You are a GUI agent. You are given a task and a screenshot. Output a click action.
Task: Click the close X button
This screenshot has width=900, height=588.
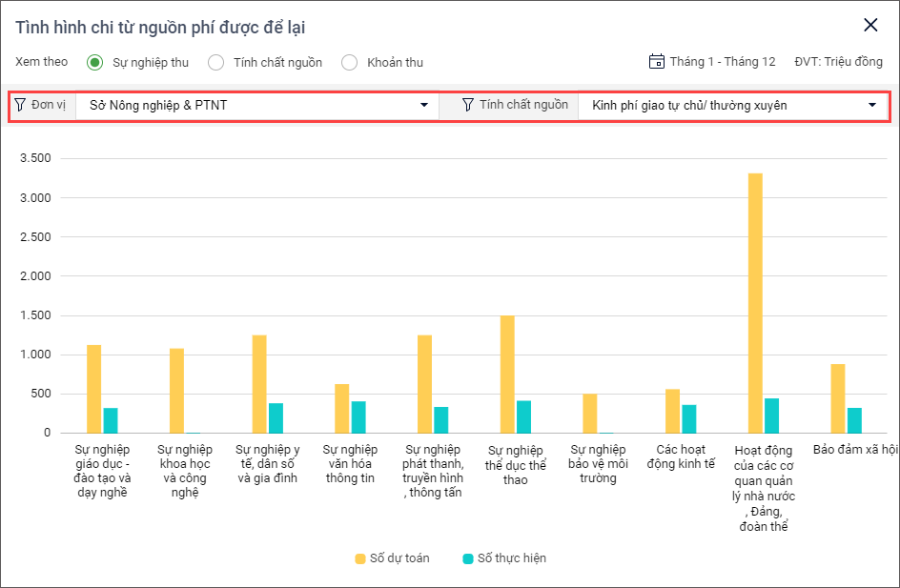click(870, 26)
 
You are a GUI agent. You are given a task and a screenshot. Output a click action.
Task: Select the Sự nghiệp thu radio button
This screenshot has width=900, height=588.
click(94, 63)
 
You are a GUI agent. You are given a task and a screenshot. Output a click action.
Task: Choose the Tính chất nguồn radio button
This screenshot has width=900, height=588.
click(215, 63)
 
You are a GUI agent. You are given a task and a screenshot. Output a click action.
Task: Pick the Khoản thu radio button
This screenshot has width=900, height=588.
click(349, 63)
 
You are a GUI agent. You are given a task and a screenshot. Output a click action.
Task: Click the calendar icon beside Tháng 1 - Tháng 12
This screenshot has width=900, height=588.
click(656, 62)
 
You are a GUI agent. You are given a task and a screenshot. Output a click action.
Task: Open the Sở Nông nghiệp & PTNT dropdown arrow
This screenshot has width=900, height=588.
click(424, 105)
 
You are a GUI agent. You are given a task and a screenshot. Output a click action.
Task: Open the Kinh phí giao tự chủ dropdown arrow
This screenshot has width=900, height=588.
click(871, 105)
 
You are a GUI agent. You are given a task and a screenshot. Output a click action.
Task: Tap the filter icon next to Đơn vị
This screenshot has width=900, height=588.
click(20, 105)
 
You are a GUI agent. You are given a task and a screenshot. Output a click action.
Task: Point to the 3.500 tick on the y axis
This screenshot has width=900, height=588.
click(34, 158)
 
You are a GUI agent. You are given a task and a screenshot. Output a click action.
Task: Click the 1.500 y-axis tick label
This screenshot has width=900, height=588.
click(34, 315)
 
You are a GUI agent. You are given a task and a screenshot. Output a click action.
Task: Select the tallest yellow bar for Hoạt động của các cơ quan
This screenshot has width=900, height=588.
click(755, 303)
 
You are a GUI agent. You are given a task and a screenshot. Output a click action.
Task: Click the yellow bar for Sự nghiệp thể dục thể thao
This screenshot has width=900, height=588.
click(507, 375)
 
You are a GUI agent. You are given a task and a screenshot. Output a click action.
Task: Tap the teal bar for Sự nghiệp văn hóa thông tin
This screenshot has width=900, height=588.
click(358, 416)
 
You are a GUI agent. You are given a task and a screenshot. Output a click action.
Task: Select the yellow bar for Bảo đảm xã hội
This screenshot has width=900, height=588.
click(838, 398)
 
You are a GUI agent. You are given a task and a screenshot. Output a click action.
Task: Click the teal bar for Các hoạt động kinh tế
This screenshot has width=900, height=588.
click(689, 418)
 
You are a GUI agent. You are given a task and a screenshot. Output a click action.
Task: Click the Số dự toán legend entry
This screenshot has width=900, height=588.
click(392, 558)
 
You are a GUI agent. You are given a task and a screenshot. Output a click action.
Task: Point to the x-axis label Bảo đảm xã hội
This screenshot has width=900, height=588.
click(855, 448)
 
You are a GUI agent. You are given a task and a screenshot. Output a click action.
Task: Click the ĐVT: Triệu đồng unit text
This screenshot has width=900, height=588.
click(838, 62)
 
